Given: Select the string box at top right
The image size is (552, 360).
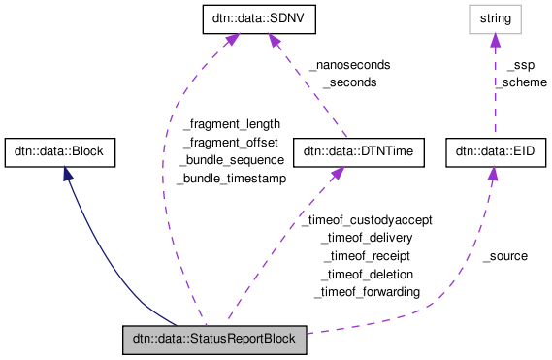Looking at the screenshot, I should (x=493, y=17).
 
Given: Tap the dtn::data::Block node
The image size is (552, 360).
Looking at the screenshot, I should (x=61, y=151).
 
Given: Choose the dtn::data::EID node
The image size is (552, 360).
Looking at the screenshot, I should (x=492, y=151).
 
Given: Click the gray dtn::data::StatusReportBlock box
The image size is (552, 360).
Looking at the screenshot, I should (x=214, y=341).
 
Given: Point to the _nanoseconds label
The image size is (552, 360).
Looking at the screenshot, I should (x=349, y=65).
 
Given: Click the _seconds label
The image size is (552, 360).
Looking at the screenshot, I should (x=349, y=82).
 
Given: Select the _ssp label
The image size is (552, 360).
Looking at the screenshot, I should (x=520, y=65).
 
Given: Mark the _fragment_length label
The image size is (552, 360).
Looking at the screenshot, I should (x=231, y=124).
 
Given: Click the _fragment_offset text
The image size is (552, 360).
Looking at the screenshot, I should (x=231, y=142).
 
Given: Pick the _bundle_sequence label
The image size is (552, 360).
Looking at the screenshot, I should (x=231, y=159).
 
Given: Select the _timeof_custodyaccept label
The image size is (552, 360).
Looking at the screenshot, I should (x=366, y=220).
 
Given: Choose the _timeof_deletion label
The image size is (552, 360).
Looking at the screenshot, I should (x=367, y=274).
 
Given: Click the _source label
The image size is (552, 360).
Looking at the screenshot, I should (x=505, y=256).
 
